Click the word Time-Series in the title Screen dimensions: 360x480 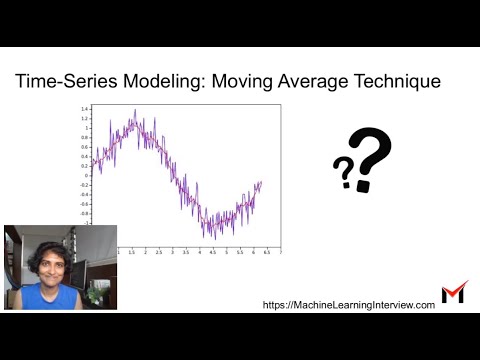[63, 82]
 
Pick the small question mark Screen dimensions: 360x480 [343, 174]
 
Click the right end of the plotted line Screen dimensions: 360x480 [262, 182]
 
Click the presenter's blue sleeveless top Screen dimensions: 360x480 [44, 298]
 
